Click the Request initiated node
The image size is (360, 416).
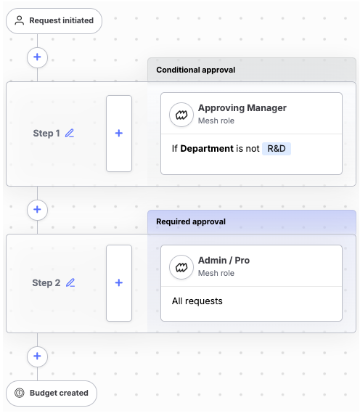click(54, 21)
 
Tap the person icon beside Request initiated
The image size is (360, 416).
click(20, 20)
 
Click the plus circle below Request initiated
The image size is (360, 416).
click(38, 57)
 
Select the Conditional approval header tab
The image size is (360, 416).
click(252, 70)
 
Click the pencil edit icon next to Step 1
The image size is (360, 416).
click(70, 133)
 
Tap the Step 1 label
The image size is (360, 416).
click(46, 133)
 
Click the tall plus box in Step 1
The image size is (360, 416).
click(119, 134)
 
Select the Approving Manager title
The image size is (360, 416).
click(242, 108)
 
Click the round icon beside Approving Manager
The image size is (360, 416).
click(181, 115)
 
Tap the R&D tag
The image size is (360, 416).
click(277, 149)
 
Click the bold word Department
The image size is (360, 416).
click(207, 149)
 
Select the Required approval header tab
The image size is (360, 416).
click(252, 222)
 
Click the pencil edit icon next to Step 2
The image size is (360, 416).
click(70, 283)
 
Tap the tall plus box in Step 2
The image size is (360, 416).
click(119, 283)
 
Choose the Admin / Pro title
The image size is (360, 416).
click(224, 260)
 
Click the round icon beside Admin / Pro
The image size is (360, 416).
click(181, 267)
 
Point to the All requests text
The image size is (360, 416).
click(197, 301)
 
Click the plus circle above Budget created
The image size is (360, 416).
click(38, 356)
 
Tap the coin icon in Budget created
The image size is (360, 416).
click(20, 393)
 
